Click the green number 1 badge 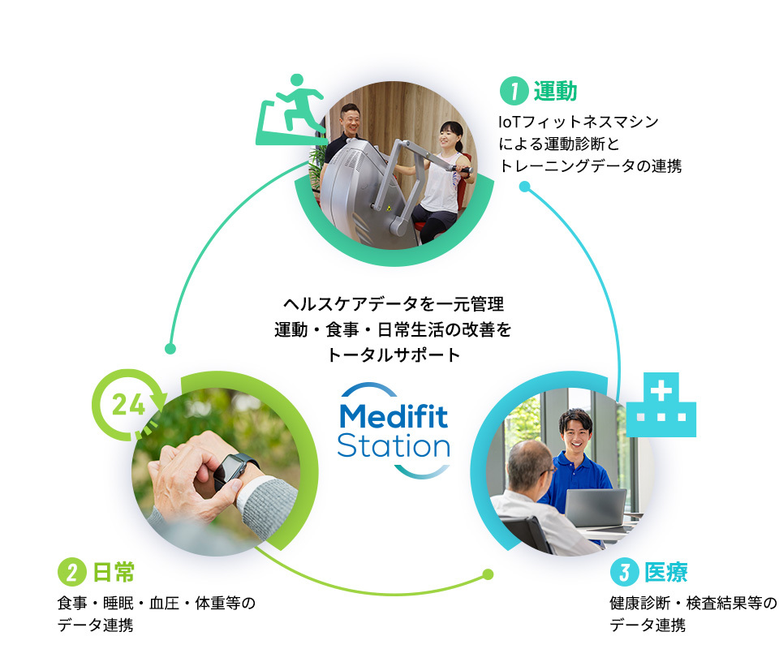click(x=513, y=91)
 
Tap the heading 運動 click(x=555, y=91)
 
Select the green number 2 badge click(x=71, y=572)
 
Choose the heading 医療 click(x=665, y=572)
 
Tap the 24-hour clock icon click(x=130, y=403)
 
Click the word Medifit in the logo click(x=394, y=416)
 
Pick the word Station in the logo click(x=394, y=445)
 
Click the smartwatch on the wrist click(x=235, y=468)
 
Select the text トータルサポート click(x=394, y=355)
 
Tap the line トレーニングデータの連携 click(x=590, y=166)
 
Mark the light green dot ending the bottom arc click(x=488, y=574)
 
